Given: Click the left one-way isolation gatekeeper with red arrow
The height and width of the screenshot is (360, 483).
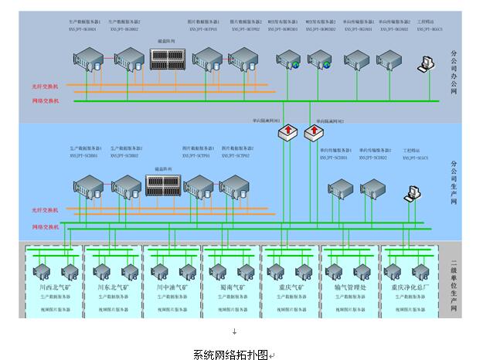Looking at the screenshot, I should tap(287, 133).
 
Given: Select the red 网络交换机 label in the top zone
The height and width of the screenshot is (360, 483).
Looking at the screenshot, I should tap(46, 100).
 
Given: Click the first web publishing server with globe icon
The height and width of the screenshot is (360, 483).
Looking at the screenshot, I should tap(289, 59).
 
